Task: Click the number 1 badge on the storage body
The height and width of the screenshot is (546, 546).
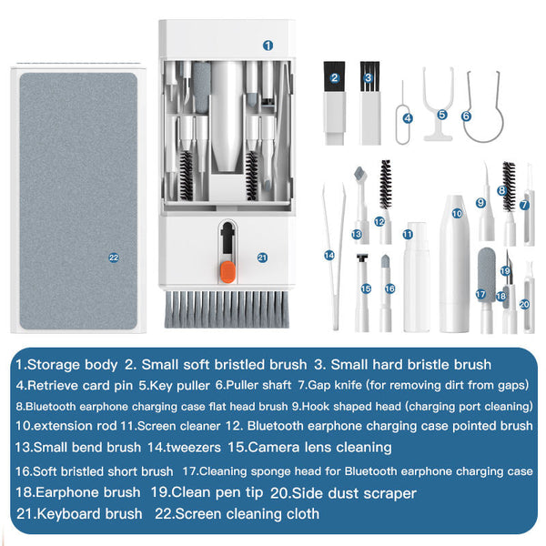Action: pos(268,45)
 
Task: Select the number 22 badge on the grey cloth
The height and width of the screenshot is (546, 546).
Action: pos(114,258)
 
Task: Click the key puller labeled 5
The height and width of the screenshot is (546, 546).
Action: pos(440,100)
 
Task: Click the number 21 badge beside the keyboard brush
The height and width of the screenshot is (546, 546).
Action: pos(263,258)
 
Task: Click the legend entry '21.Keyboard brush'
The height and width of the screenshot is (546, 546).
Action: pos(80,514)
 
